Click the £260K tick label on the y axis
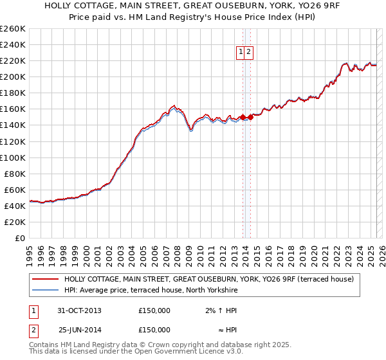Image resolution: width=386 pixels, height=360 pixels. coord(12,29)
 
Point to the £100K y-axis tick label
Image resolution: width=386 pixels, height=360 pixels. coord(12,157)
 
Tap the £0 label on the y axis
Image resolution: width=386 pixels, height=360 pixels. coord(21,238)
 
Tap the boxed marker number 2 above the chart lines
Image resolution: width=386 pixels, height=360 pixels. coord(249,53)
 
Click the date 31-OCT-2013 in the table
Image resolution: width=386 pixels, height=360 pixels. coord(79,310)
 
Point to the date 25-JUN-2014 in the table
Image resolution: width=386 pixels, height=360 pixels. coord(79,330)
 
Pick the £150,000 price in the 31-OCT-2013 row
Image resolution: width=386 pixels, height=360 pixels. coord(154,310)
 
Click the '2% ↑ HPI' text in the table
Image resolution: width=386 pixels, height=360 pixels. coord(219,310)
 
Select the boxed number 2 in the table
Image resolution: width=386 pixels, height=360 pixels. coord(33,330)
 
